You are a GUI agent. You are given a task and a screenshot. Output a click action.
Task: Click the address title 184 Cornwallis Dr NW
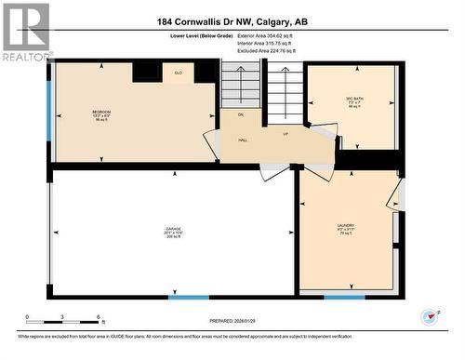click(232, 22)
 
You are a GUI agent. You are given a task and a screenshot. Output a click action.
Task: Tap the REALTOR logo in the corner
click(26, 32)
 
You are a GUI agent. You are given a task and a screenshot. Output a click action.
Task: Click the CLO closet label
click(179, 73)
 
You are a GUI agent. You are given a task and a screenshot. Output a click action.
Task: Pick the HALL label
click(242, 140)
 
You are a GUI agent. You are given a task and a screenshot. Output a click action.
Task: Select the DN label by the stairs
click(239, 115)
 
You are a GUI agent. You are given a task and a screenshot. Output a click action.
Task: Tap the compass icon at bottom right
click(429, 318)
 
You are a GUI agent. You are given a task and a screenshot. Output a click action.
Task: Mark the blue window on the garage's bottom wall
click(189, 298)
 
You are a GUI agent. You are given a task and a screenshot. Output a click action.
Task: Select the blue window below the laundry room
click(344, 298)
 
